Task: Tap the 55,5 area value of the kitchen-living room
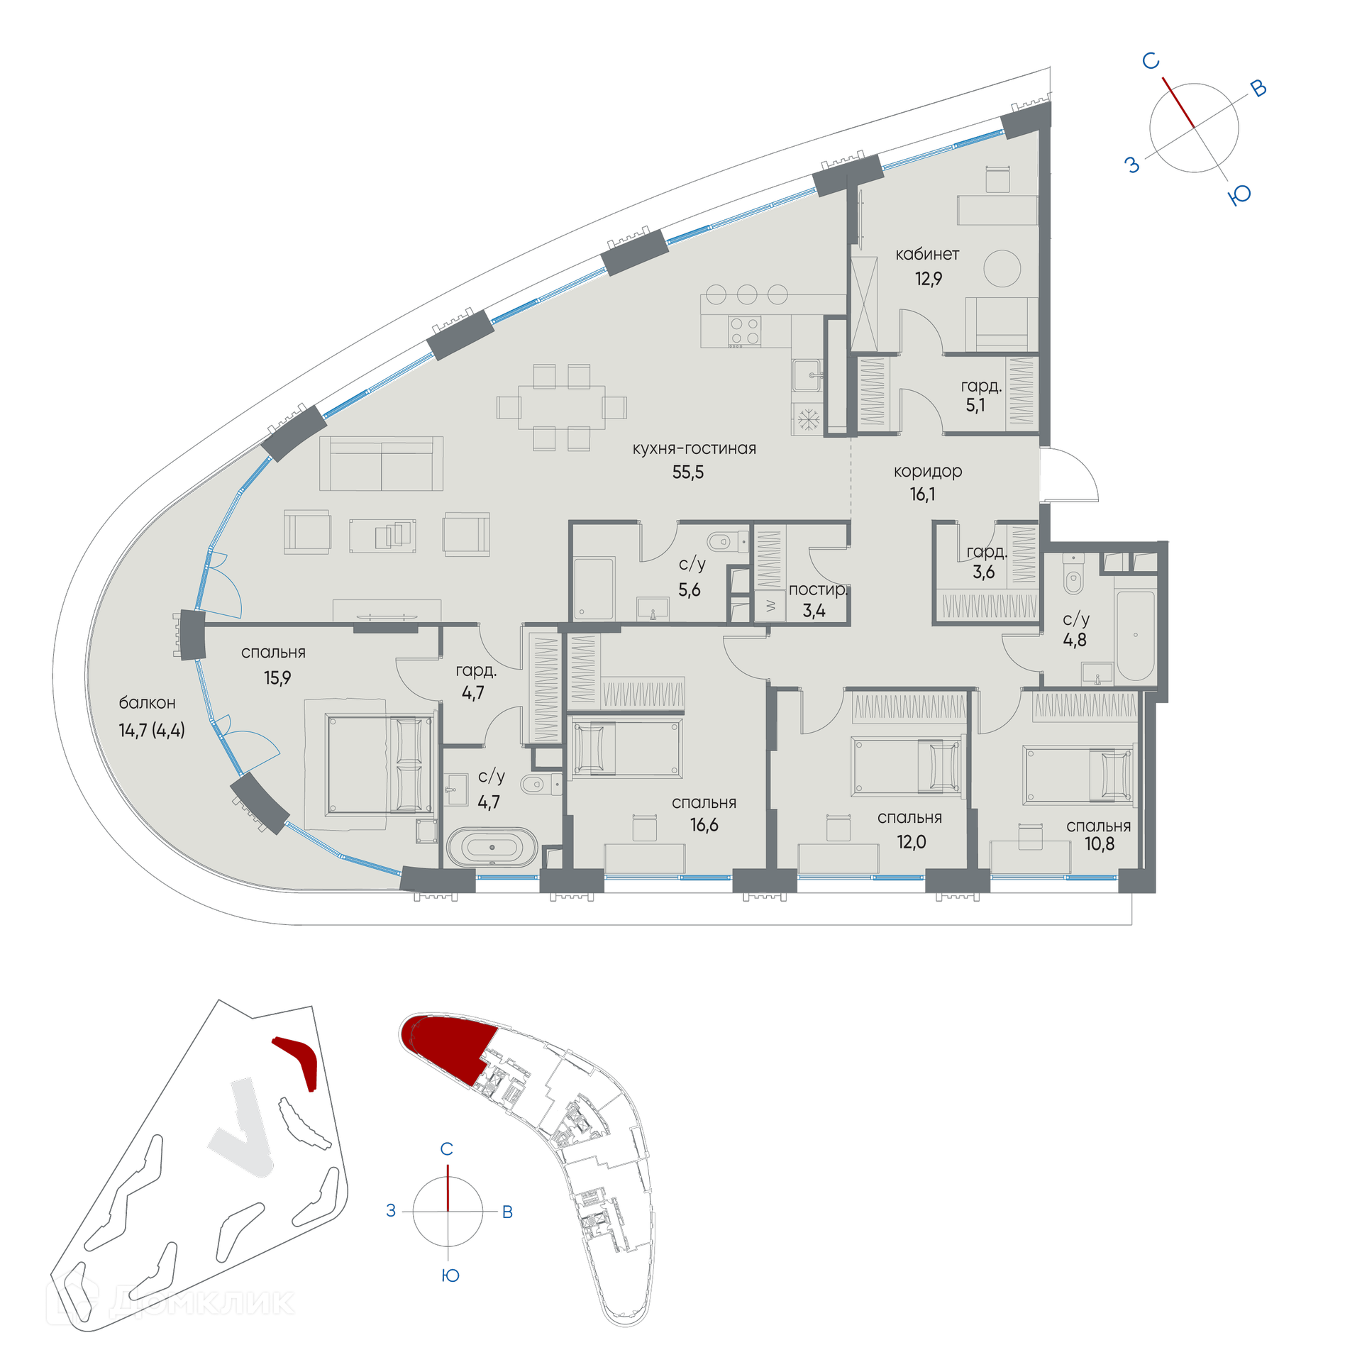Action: [687, 472]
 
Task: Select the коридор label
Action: [927, 472]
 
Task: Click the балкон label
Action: [147, 703]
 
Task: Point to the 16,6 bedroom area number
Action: [704, 824]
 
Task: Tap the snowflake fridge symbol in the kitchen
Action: [808, 419]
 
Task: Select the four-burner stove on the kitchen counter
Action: [744, 331]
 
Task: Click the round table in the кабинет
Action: [1002, 269]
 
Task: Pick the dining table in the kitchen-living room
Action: [561, 407]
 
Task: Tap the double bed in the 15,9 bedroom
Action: [380, 764]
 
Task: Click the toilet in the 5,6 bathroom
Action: [724, 543]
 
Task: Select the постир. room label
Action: [818, 589]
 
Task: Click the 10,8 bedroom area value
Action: [1099, 843]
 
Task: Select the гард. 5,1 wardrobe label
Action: [980, 396]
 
